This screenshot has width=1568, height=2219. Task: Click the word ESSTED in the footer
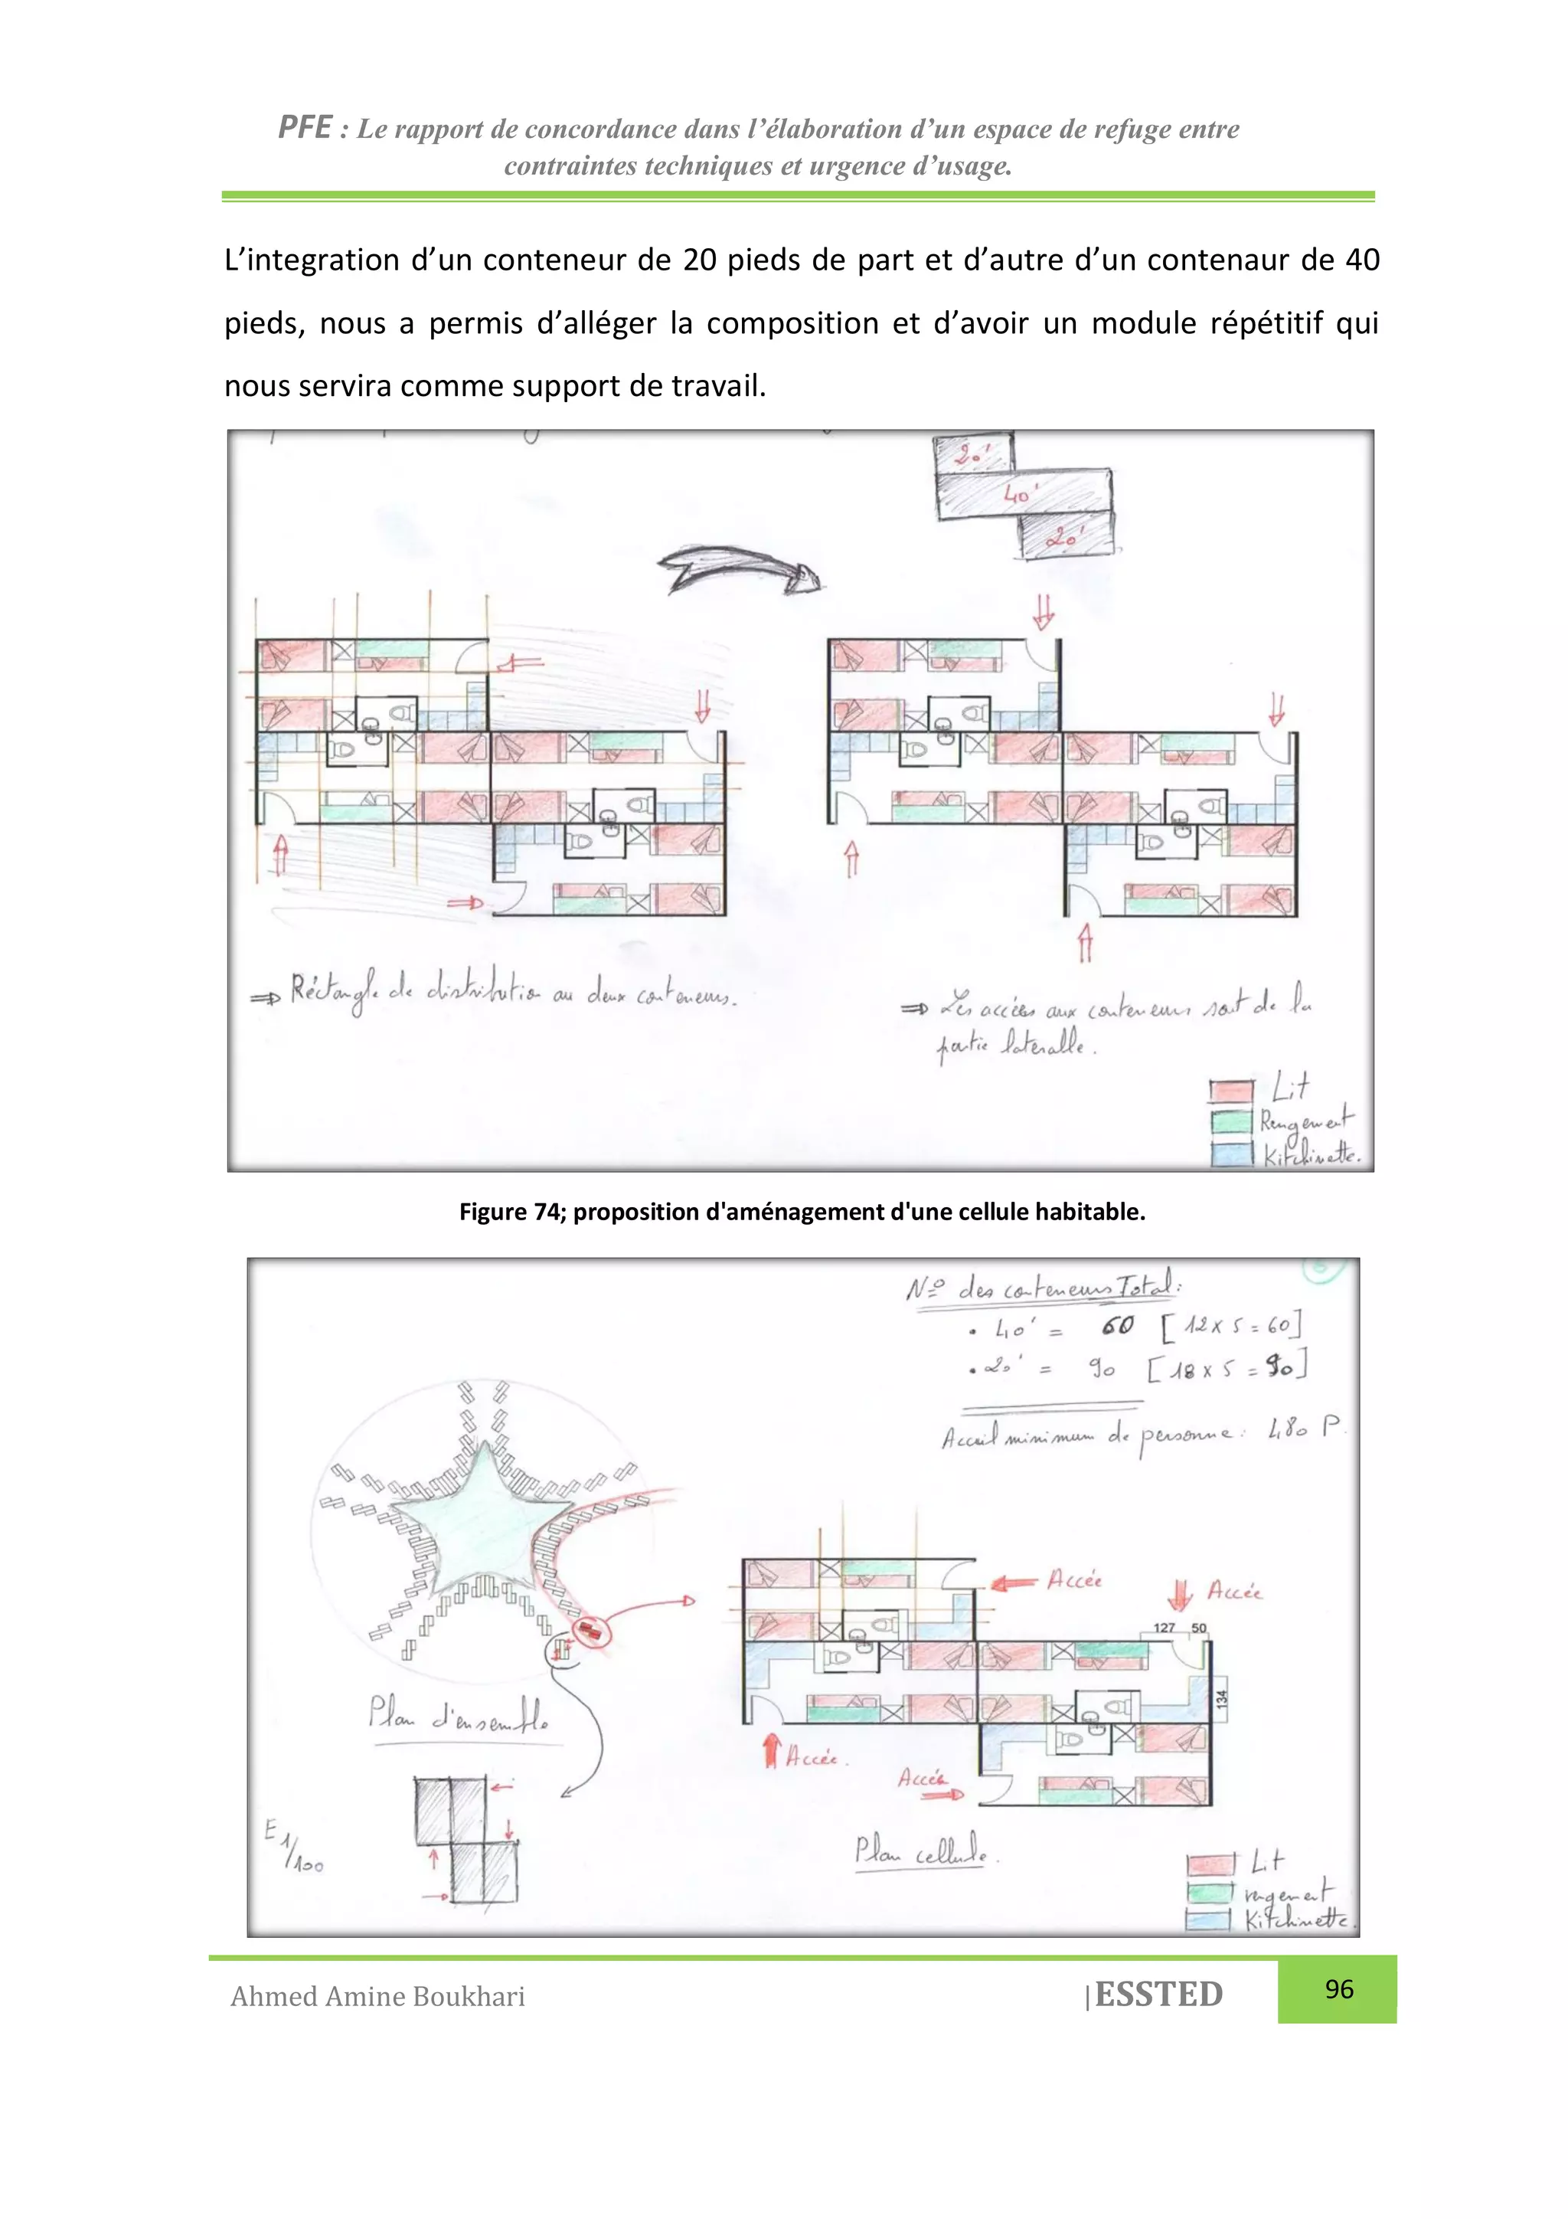pos(1158,1995)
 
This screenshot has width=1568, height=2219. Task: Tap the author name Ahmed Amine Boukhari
pos(377,1997)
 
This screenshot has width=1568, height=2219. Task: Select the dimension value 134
pos(1221,1697)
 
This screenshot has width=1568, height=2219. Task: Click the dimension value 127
pos(1165,1628)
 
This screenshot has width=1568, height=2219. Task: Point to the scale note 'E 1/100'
pos(295,1846)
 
